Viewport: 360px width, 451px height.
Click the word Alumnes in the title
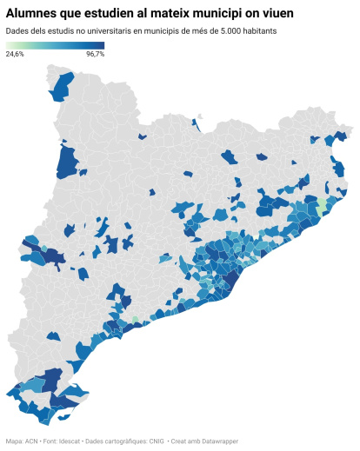click(33, 14)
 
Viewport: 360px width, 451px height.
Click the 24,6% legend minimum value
click(15, 54)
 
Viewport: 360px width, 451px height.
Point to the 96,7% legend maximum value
click(95, 54)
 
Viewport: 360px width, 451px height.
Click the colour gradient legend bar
click(55, 45)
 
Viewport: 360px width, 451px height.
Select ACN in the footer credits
click(31, 441)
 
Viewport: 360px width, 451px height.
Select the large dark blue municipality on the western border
click(66, 162)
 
